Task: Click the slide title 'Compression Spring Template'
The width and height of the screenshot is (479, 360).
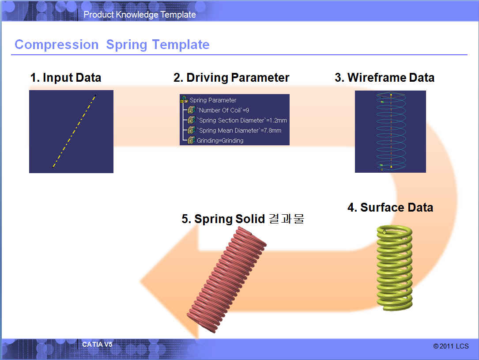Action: tap(112, 45)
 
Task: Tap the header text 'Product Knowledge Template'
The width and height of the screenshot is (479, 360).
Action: tap(140, 15)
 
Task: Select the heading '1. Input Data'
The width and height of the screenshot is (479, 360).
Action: tap(66, 78)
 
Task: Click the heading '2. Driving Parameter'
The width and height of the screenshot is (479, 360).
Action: tap(231, 78)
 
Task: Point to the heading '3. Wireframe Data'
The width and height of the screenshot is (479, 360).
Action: tap(385, 78)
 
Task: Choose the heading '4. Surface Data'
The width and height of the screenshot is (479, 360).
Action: tap(390, 207)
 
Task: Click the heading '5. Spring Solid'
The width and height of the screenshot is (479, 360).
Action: tap(223, 219)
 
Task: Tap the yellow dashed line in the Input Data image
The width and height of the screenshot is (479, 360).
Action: tap(74, 131)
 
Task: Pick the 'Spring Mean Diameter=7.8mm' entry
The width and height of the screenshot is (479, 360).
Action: tap(239, 130)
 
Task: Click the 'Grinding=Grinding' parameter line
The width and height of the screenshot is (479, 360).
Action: tap(220, 140)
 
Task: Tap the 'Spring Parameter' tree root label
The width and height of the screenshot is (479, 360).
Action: tap(213, 100)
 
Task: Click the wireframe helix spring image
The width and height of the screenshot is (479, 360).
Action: tap(391, 131)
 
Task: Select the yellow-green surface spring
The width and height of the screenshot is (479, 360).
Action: tap(394, 268)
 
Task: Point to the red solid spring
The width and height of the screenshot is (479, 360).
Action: tap(226, 280)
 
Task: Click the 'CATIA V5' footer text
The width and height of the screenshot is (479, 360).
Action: tap(97, 345)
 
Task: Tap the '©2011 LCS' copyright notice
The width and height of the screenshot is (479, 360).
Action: tap(451, 346)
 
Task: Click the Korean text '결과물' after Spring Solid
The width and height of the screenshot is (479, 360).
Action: tap(286, 219)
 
